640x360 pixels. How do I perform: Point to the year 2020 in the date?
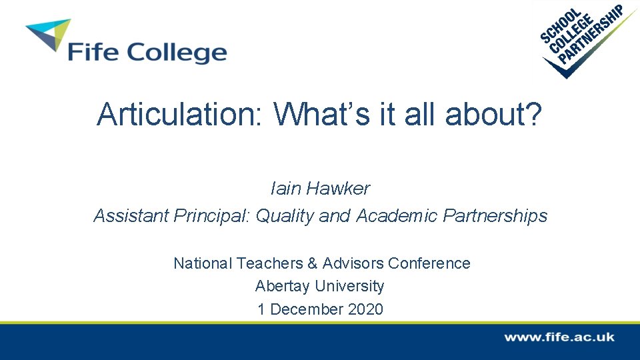pyautogui.click(x=365, y=309)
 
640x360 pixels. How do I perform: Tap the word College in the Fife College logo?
pyautogui.click(x=176, y=53)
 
